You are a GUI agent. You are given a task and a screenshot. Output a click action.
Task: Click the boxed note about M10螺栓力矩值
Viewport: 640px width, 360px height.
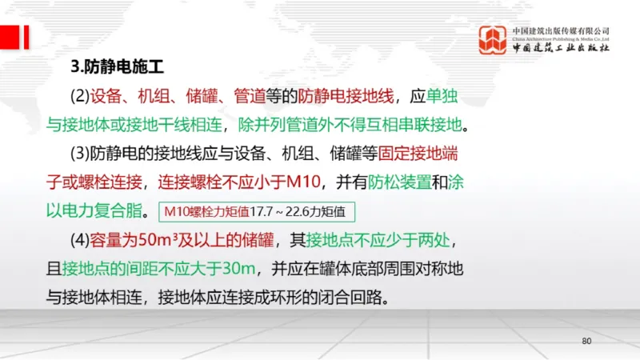[x=255, y=212]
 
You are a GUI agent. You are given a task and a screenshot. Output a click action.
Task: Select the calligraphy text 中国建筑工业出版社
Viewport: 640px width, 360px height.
[x=561, y=48]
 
